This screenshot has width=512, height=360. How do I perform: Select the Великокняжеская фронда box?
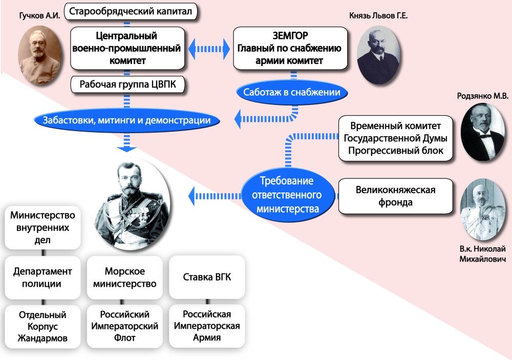click(x=395, y=196)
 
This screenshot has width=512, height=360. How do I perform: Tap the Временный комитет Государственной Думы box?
click(x=395, y=138)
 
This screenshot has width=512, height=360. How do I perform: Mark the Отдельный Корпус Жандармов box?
click(x=43, y=326)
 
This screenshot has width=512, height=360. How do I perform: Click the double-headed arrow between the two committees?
click(x=209, y=49)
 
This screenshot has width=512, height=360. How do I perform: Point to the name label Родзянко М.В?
click(x=483, y=97)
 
